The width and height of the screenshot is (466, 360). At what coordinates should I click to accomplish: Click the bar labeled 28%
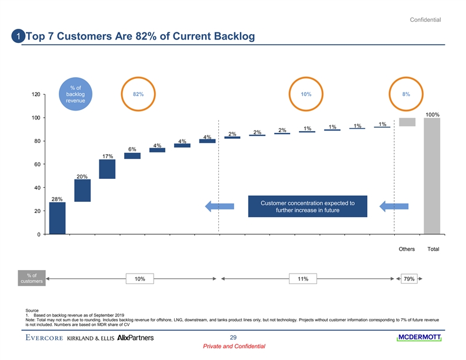click(x=57, y=218)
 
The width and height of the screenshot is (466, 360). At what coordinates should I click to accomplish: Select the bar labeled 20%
click(x=82, y=191)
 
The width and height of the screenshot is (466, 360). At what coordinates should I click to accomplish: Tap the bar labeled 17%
click(x=107, y=168)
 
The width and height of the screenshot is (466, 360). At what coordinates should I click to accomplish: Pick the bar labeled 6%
click(x=132, y=156)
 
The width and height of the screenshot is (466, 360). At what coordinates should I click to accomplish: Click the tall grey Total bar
click(x=432, y=176)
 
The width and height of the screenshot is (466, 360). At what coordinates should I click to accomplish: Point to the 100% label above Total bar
click(x=432, y=114)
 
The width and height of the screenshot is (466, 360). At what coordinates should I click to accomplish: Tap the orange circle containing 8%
click(x=406, y=94)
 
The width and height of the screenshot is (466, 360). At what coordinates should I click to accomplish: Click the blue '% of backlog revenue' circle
click(x=75, y=94)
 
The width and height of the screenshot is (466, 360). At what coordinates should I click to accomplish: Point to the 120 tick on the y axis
click(x=36, y=95)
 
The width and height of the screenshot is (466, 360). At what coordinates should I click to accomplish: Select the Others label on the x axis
click(x=407, y=249)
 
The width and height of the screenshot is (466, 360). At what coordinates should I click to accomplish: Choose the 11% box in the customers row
click(x=303, y=279)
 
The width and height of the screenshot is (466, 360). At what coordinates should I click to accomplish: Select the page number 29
click(x=233, y=336)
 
